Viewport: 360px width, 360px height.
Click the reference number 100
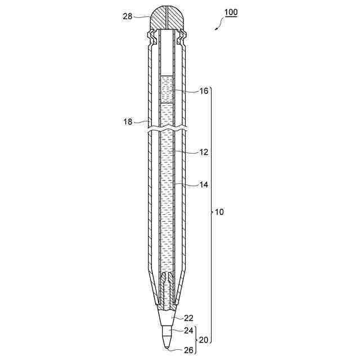pos(231,12)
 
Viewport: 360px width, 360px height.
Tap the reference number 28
pos(128,16)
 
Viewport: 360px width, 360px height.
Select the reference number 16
pos(204,91)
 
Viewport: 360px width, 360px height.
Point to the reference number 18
pos(128,121)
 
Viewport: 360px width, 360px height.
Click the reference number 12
pos(204,152)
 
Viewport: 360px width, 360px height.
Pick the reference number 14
pos(204,184)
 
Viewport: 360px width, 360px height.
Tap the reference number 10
pos(219,212)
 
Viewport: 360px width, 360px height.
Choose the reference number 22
pos(189,318)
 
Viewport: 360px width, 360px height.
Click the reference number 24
pos(189,330)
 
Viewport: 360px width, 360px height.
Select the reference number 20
pos(204,340)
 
